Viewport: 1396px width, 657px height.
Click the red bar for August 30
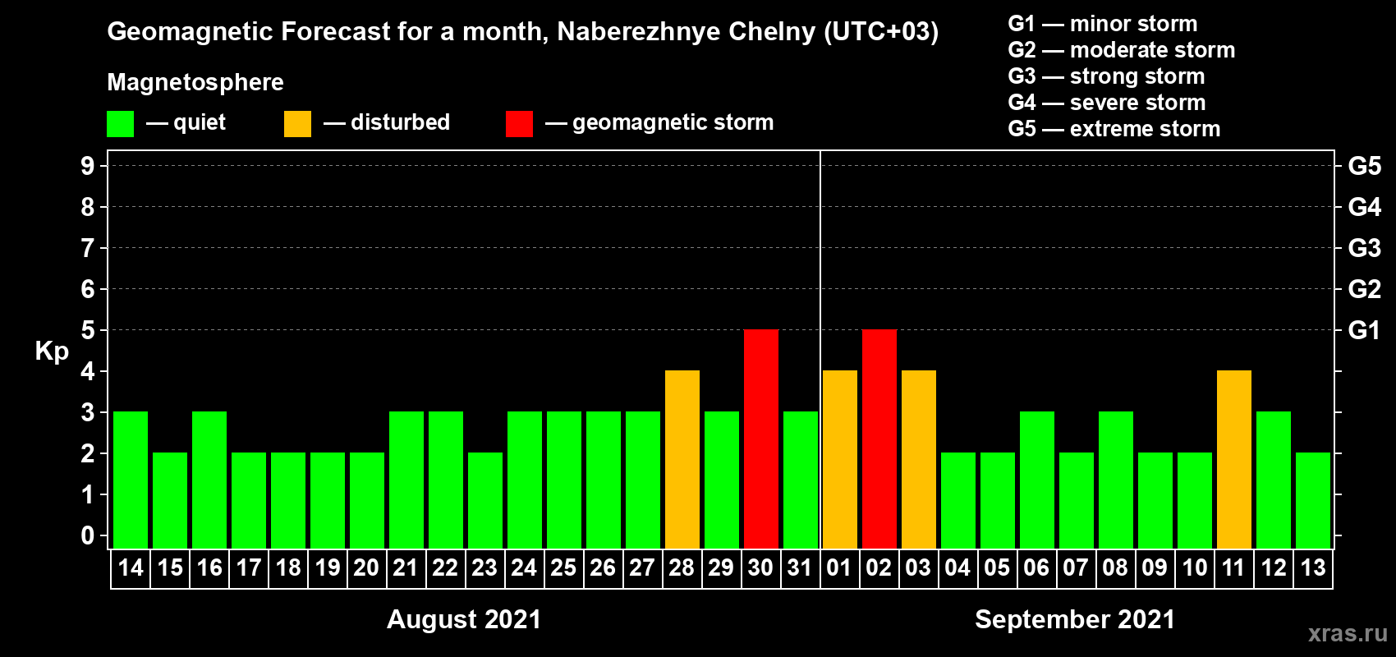tap(761, 439)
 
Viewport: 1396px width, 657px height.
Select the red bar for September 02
tap(879, 439)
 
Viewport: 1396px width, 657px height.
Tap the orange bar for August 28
tap(682, 459)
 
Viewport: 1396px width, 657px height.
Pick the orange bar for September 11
tap(1234, 459)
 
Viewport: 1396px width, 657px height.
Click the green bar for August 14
tap(131, 480)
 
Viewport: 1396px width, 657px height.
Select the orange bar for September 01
tap(840, 459)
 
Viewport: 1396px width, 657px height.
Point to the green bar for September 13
tap(1313, 500)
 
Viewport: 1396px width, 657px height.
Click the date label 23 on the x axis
tap(484, 567)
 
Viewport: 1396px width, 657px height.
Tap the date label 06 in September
tap(1036, 567)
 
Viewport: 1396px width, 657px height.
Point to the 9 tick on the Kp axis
tap(88, 166)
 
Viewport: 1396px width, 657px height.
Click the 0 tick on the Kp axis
tap(88, 536)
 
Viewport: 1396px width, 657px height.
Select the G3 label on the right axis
tap(1364, 248)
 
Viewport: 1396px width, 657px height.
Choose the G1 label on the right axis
tap(1364, 330)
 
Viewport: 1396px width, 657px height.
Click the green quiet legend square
tap(121, 124)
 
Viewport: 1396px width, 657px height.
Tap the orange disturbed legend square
tap(298, 124)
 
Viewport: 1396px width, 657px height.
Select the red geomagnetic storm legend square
tap(519, 124)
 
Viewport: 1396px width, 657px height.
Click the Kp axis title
tap(52, 351)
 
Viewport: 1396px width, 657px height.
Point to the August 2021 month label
tap(464, 619)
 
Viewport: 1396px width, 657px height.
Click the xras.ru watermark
tap(1347, 633)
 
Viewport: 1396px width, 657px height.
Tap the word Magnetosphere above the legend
tap(195, 82)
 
